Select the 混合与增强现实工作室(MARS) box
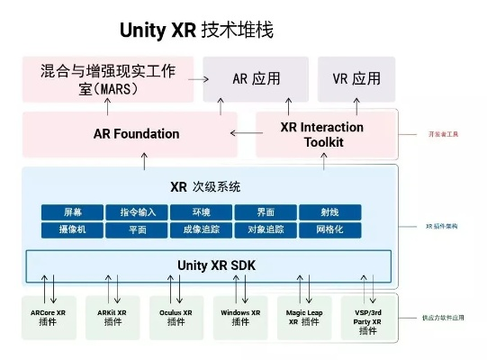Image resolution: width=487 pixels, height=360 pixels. (x=107, y=78)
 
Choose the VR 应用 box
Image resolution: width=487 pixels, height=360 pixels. (x=356, y=78)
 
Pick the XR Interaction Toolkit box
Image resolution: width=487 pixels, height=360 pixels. (x=322, y=134)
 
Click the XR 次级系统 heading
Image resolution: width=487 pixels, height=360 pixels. (x=205, y=187)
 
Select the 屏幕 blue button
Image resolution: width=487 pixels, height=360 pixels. (x=72, y=212)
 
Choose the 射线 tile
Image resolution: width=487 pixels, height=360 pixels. (x=329, y=212)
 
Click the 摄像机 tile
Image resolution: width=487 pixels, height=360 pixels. (x=72, y=229)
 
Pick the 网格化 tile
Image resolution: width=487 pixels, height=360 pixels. (x=329, y=229)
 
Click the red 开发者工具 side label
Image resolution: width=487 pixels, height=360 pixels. (x=443, y=134)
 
